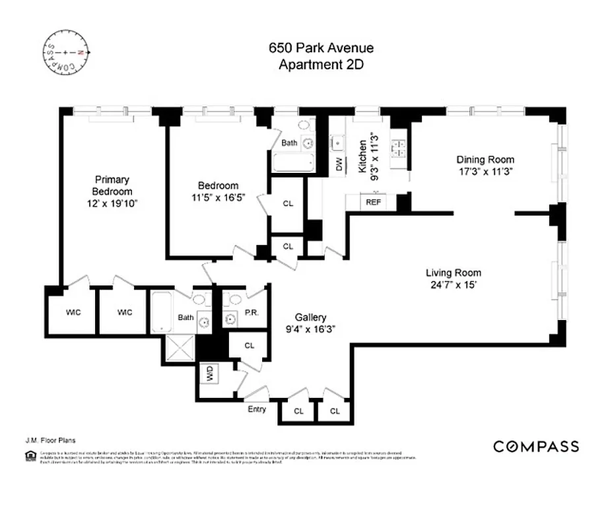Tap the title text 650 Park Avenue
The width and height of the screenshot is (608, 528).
pyautogui.click(x=321, y=48)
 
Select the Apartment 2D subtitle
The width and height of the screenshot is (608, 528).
pyautogui.click(x=321, y=64)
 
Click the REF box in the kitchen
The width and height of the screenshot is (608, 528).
pyautogui.click(x=373, y=203)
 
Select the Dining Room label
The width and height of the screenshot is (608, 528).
pyautogui.click(x=485, y=160)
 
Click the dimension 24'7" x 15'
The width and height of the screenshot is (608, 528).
pyautogui.click(x=453, y=285)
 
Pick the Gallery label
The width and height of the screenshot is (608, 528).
pyautogui.click(x=310, y=317)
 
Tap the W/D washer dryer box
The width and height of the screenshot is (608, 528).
pyautogui.click(x=209, y=374)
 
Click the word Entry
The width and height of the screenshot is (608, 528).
pyautogui.click(x=257, y=409)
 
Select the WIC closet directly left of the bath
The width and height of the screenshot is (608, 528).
pyautogui.click(x=125, y=312)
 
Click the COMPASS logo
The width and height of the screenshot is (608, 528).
pyautogui.click(x=536, y=447)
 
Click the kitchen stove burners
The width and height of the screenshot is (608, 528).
pyautogui.click(x=399, y=148)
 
